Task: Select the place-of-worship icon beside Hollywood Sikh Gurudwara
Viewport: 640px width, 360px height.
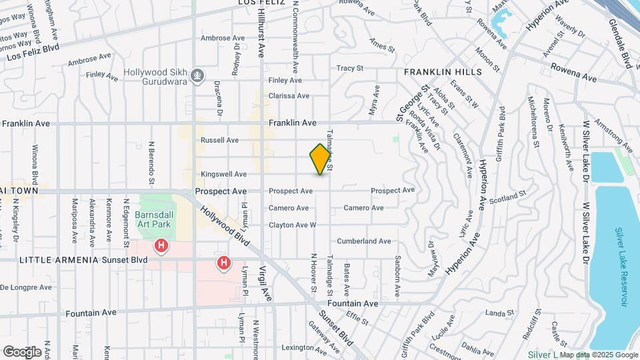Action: [197, 76]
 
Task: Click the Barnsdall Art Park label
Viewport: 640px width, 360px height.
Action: [154, 220]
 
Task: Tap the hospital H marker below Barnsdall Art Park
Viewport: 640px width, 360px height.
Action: [161, 247]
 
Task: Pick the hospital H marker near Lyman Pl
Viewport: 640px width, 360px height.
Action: [223, 263]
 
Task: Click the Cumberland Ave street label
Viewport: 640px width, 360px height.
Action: [364, 241]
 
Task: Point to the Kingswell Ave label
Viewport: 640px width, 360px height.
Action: [223, 175]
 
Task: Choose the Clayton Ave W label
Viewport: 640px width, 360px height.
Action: [292, 225]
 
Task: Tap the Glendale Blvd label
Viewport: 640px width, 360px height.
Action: [619, 43]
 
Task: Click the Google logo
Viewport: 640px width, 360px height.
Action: [22, 351]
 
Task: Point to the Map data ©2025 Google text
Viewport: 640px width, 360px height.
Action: [598, 355]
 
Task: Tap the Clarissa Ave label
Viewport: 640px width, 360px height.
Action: [289, 96]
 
